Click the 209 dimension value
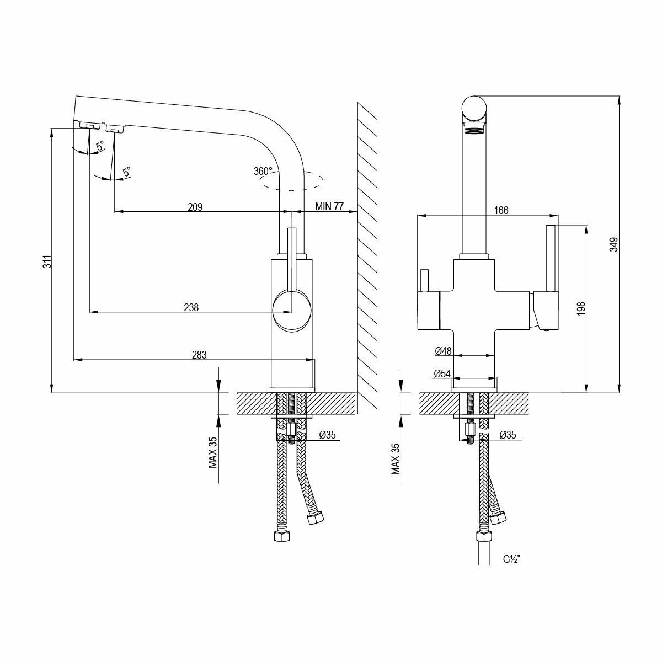tap(195, 207)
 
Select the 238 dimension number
tap(191, 307)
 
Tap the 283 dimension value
tap(199, 355)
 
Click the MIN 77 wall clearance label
tap(329, 207)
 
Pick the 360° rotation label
tap(263, 171)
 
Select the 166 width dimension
tap(501, 210)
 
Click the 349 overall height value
tap(613, 244)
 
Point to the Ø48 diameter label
tap(443, 351)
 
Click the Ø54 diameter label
tap(443, 374)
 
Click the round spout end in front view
tap(474, 108)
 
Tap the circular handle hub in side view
tap(292, 311)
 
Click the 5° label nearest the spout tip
tap(100, 146)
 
